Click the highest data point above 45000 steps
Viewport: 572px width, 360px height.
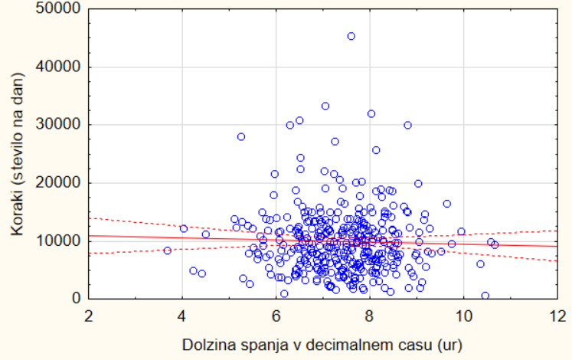[x=351, y=36]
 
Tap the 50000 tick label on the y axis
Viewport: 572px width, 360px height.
[x=60, y=9]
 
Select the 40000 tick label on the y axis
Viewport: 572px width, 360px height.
[x=60, y=67]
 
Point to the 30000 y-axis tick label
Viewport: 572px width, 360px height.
[x=60, y=125]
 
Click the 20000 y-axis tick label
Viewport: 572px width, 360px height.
[x=60, y=182]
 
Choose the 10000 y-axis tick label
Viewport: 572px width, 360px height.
[x=60, y=241]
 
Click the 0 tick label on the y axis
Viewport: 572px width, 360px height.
[x=77, y=298]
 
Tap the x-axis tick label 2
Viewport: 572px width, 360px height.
[x=89, y=314]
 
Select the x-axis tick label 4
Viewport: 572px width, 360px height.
[x=182, y=314]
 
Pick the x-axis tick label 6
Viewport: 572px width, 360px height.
[x=276, y=314]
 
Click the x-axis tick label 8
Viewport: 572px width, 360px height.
[x=370, y=314]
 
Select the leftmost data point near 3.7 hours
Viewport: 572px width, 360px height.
[x=168, y=250]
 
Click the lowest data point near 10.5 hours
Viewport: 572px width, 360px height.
[x=485, y=295]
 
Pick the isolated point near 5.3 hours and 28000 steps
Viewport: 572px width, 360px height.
[x=241, y=136]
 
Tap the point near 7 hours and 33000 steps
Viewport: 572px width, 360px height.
[x=325, y=106]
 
